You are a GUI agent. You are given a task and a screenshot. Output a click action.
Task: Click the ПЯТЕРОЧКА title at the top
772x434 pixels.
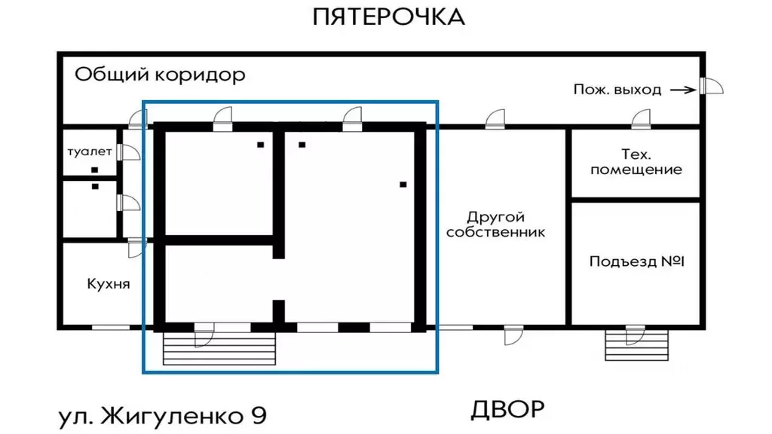388,17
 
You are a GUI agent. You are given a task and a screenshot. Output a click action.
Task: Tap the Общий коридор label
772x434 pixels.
160,75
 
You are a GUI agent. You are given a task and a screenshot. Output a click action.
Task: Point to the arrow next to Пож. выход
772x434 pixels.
682,90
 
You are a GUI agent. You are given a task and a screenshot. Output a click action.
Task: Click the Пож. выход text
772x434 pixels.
617,90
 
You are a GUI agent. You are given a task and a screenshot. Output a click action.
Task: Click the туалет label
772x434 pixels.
89,151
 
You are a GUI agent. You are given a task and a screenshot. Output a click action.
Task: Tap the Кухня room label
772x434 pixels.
109,284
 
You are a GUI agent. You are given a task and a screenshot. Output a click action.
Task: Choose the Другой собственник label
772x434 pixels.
495,225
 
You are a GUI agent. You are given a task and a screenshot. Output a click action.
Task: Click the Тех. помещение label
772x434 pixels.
636,162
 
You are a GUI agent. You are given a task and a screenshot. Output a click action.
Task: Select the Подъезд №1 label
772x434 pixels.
636,261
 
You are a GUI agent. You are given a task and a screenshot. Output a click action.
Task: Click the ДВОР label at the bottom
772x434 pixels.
507,410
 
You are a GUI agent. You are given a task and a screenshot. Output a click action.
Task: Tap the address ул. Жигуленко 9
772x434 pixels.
163,416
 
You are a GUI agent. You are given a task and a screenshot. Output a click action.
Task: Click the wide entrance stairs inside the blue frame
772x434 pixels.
219,348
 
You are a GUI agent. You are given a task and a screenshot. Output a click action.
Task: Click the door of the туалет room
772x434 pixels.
127,151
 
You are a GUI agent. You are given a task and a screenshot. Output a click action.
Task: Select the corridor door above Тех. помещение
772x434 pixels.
641,119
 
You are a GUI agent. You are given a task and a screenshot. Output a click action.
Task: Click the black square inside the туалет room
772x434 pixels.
95,170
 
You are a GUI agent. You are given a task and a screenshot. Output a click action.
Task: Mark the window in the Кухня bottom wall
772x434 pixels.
110,327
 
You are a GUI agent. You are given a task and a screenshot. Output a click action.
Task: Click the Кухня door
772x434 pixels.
136,247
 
